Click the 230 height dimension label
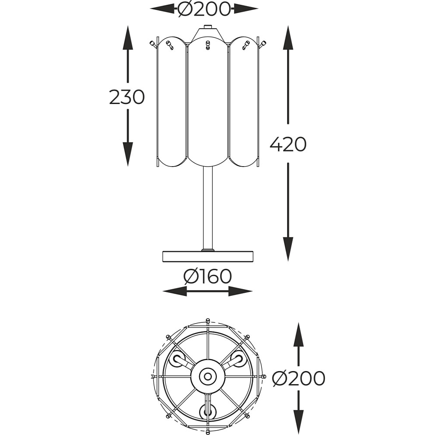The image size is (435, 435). coord(127,97)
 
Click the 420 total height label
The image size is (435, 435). coord(288,144)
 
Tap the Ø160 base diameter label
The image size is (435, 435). coord(207,277)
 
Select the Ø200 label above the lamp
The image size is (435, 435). coord(204,9)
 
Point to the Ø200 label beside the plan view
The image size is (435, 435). coord(298,378)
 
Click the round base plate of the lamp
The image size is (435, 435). coord(207,256)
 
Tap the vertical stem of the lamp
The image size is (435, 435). coord(207,208)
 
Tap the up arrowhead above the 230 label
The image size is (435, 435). coord(128,38)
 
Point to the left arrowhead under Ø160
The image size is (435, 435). coord(174,291)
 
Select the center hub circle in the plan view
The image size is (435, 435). coord(207,376)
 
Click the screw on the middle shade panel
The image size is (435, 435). coord(207,45)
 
